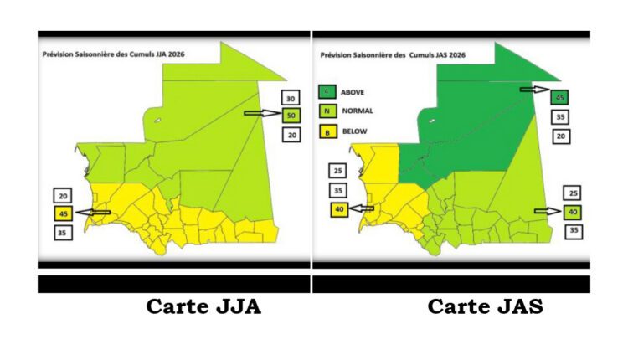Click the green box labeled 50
click(x=291, y=115)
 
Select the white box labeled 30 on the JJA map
click(x=291, y=96)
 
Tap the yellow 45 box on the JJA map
click(x=64, y=213)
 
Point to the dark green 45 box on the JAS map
click(x=561, y=99)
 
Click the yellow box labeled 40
click(x=340, y=210)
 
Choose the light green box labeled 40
click(x=574, y=211)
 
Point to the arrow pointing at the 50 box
click(x=261, y=112)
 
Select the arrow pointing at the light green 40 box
click(x=548, y=211)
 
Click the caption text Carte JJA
click(x=203, y=307)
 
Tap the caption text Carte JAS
click(x=486, y=307)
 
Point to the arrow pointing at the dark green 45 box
click(x=535, y=89)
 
